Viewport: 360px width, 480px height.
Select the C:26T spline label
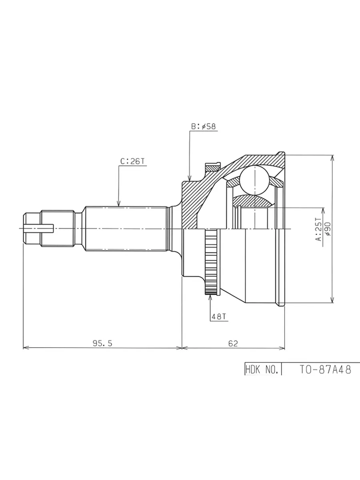(132, 161)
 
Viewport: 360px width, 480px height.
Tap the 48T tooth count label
(218, 317)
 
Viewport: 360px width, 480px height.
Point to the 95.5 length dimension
(102, 343)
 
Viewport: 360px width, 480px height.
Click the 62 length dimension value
(233, 343)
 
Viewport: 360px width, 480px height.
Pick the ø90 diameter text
(328, 229)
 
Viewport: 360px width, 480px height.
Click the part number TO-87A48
(325, 370)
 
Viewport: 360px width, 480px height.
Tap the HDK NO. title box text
(262, 370)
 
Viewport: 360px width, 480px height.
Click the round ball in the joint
(254, 180)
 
